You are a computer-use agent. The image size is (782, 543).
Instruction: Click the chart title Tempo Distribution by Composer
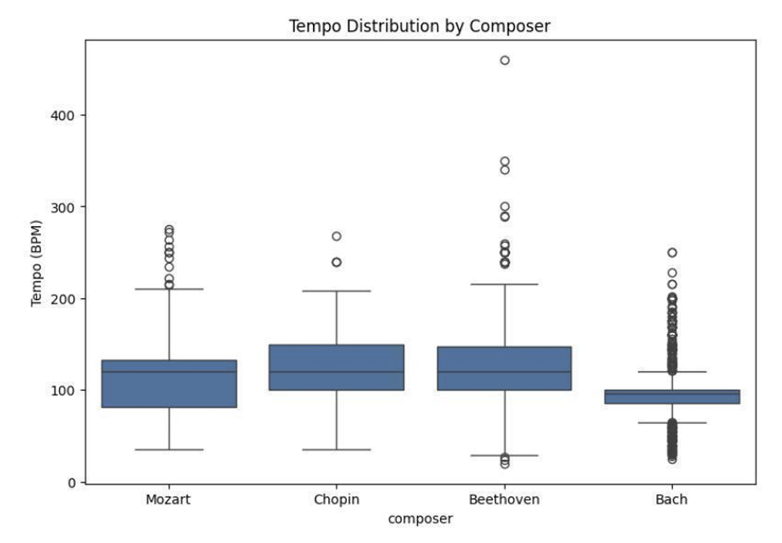[420, 26]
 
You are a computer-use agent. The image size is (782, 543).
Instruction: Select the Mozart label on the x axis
[169, 499]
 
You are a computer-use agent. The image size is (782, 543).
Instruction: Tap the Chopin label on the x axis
[337, 499]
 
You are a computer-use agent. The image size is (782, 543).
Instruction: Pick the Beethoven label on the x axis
[504, 499]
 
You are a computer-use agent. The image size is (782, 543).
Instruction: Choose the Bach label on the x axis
[671, 499]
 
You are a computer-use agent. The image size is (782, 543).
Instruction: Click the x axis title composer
[420, 519]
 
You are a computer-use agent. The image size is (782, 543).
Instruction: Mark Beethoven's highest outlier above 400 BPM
[505, 61]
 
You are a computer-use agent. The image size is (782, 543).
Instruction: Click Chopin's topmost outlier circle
[337, 236]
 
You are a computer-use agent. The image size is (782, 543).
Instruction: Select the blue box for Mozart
[169, 383]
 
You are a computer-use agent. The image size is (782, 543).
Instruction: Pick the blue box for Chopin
[337, 367]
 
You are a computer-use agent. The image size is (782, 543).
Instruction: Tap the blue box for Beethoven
[504, 367]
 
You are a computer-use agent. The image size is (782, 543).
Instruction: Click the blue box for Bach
[671, 396]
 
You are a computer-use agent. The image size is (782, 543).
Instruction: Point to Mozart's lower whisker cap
[169, 449]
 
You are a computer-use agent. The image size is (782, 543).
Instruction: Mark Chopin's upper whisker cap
[337, 290]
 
